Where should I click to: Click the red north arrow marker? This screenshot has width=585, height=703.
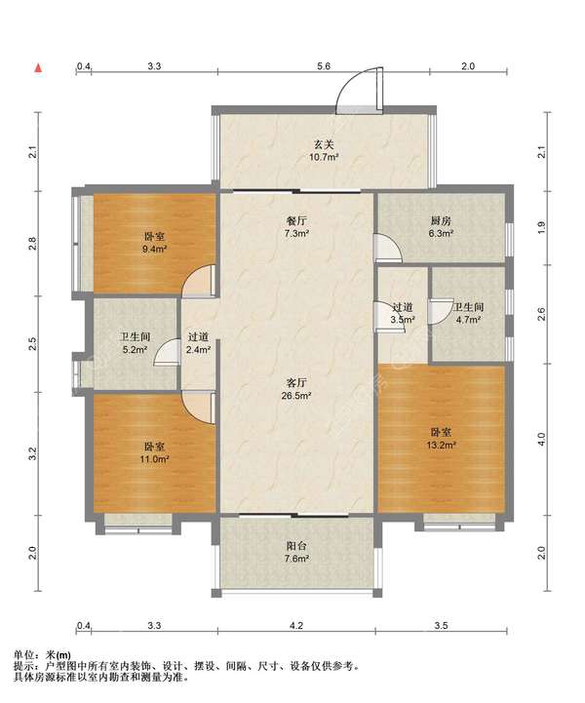tap(39, 67)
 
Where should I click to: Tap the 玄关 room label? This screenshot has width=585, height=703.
tap(324, 145)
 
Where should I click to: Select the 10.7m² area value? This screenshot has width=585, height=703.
tap(323, 157)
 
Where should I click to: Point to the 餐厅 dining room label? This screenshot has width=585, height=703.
tap(296, 220)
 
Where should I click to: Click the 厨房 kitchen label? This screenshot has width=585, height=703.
tap(441, 220)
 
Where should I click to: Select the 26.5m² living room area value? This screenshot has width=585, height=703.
tap(296, 396)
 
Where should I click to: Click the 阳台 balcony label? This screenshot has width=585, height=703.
tap(296, 546)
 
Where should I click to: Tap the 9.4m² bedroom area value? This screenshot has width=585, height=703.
tap(154, 249)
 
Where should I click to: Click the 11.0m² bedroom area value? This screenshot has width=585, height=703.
tap(154, 459)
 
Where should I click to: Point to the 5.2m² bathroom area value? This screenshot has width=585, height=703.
tap(136, 349)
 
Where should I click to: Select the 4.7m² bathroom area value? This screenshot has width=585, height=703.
tap(468, 320)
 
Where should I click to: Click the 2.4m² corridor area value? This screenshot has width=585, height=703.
tap(198, 349)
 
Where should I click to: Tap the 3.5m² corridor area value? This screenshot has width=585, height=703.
tap(402, 320)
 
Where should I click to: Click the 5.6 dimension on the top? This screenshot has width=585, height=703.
tap(324, 66)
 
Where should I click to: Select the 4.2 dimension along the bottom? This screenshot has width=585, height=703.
tap(296, 625)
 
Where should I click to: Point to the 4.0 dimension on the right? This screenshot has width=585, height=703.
tap(541, 439)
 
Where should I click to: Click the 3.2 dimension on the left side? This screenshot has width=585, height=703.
tap(32, 453)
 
